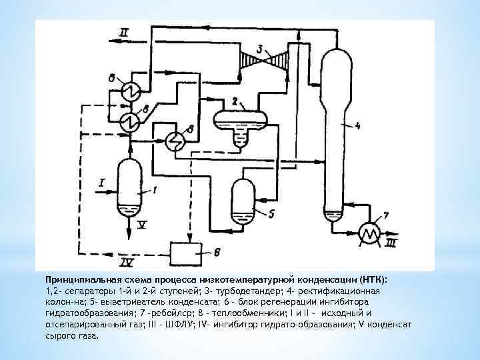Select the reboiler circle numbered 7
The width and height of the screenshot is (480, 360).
click(x=369, y=231)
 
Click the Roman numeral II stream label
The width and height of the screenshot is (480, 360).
click(x=126, y=32)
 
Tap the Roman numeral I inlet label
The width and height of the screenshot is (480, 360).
click(x=102, y=181)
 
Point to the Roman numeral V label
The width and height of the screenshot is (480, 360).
click(x=142, y=226)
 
